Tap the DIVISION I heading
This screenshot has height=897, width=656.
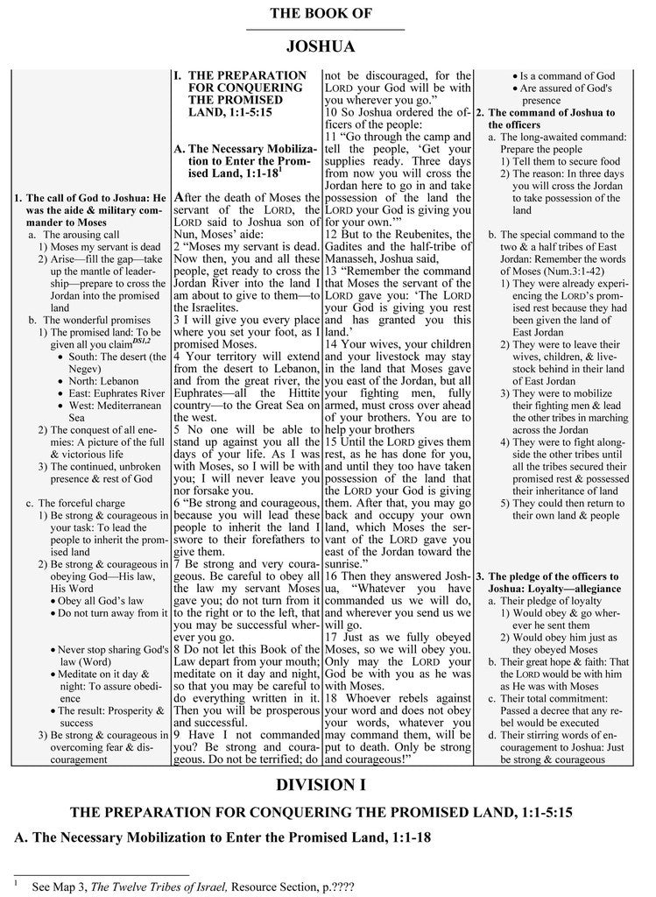pos(326,784)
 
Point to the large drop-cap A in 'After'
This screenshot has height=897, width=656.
pos(179,195)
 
